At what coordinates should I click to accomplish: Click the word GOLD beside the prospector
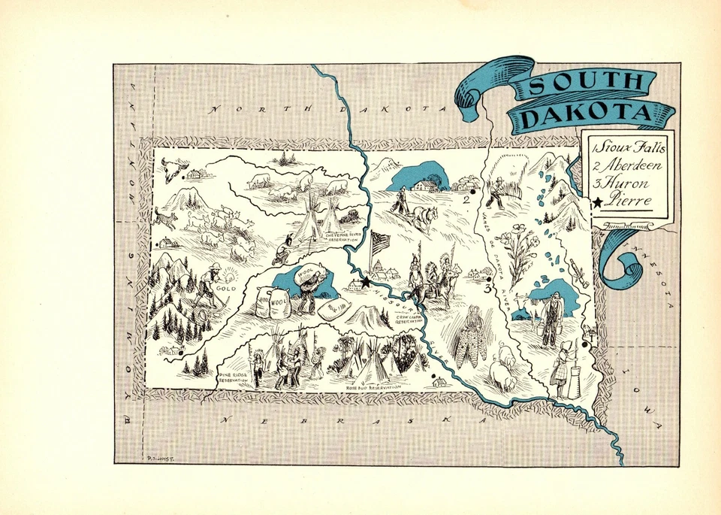[225, 288]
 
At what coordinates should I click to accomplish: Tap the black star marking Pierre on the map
[366, 282]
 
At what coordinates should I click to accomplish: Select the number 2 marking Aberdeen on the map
[466, 200]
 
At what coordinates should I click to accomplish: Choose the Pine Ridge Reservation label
[233, 378]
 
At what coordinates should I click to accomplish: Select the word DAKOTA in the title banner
[587, 115]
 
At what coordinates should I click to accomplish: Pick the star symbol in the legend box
[597, 201]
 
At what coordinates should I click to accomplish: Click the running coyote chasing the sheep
[165, 218]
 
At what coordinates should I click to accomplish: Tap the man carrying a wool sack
[307, 285]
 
